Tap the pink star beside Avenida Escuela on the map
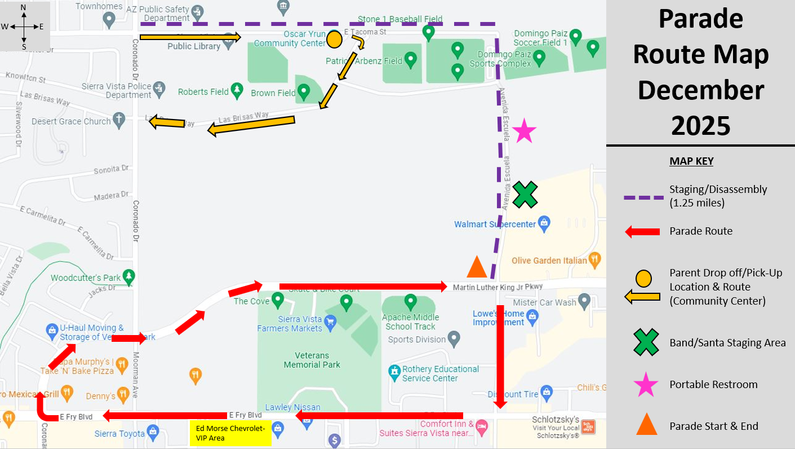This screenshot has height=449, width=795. (524, 131)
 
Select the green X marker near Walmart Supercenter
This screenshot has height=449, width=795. (525, 195)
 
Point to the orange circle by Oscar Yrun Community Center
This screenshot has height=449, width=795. (334, 39)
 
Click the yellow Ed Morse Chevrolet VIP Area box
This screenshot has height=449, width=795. (230, 433)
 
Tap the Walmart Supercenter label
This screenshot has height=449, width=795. (495, 224)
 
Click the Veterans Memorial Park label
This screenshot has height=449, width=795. (312, 360)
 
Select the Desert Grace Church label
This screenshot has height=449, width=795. (71, 121)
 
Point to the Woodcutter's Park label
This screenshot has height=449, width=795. (86, 278)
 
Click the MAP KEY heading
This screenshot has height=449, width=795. (691, 161)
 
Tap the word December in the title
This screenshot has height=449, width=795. (701, 90)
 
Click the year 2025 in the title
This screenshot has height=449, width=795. (701, 125)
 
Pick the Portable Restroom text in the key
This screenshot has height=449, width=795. (713, 385)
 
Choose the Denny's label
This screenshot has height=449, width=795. (101, 397)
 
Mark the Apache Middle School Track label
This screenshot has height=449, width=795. (410, 322)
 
